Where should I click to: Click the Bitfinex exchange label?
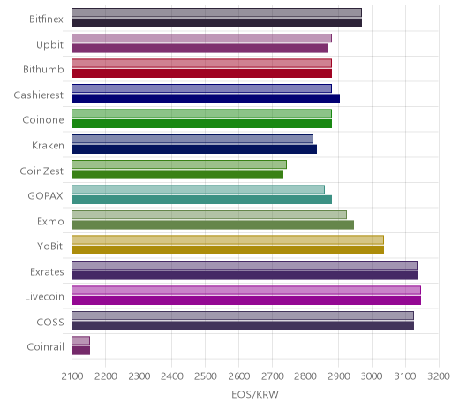pyautogui.click(x=46, y=19)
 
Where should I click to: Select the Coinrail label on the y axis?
pyautogui.click(x=45, y=347)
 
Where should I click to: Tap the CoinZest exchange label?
pyautogui.click(x=41, y=171)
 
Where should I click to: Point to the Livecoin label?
pyautogui.click(x=44, y=296)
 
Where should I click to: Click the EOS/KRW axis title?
pyautogui.click(x=255, y=394)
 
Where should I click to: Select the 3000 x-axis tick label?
pyautogui.click(x=372, y=376)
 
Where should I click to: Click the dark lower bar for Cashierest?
pyautogui.click(x=206, y=98)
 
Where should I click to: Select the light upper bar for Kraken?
pyautogui.click(x=192, y=139)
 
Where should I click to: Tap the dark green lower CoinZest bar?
pyautogui.click(x=177, y=174)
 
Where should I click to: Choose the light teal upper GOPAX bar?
pyautogui.click(x=198, y=189)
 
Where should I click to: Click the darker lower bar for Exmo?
pyautogui.click(x=213, y=224)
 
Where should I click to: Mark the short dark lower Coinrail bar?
pyautogui.click(x=80, y=351)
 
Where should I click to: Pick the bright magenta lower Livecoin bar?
pyautogui.click(x=246, y=300)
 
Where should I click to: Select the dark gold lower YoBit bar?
pyautogui.click(x=228, y=250)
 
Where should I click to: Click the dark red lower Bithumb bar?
pyautogui.click(x=201, y=73)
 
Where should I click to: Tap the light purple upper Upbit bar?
pyautogui.click(x=201, y=38)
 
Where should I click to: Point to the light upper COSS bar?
pyautogui.click(x=243, y=315)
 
